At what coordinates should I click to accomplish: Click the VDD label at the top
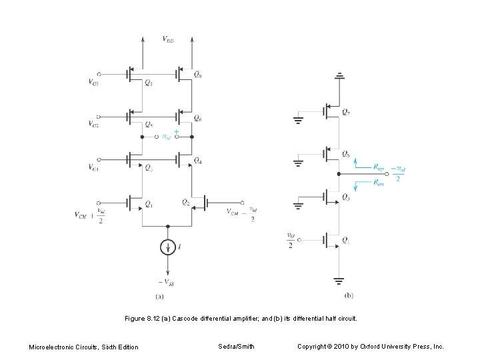pos(168,39)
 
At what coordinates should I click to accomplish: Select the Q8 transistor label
pos(198,75)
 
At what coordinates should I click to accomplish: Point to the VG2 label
pos(93,123)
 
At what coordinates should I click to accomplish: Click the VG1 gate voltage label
pos(93,167)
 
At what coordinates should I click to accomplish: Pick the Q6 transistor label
pos(198,118)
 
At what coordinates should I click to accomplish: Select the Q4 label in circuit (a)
pos(198,160)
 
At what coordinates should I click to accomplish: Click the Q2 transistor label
pos(187,202)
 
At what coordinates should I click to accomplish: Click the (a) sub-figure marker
pos(160,295)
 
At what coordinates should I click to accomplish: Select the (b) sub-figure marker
pos(349,295)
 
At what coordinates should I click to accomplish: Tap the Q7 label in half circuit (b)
pos(347,112)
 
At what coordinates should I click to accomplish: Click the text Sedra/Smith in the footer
pos(235,347)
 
